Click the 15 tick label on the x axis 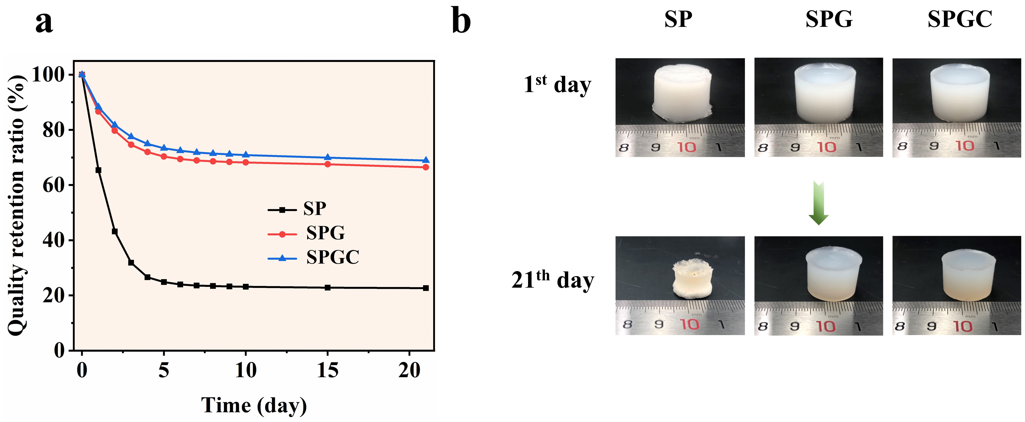pyautogui.click(x=327, y=370)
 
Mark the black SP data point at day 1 pyautogui.click(x=98, y=170)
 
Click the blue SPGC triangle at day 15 pyautogui.click(x=327, y=157)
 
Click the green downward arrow pyautogui.click(x=819, y=203)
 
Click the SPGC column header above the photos pyautogui.click(x=960, y=19)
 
